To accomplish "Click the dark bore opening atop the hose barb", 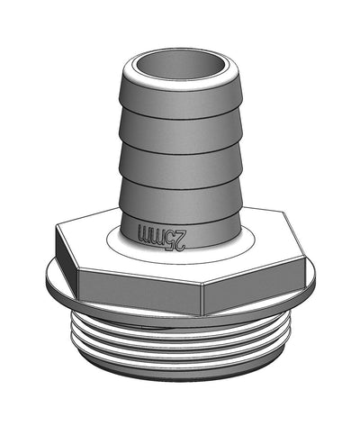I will pos(180,68).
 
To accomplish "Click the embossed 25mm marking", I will pos(162,236).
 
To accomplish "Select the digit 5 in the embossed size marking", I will pos(171,237).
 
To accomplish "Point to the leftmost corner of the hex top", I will pos(56,228).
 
